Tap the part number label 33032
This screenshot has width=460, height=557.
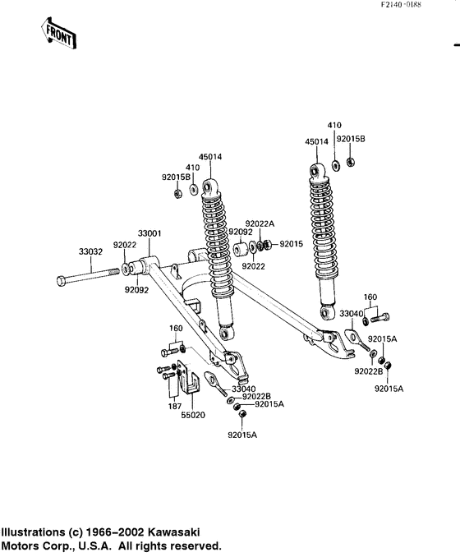click(90, 251)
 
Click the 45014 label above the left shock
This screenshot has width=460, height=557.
click(210, 157)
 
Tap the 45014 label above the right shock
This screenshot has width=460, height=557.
click(316, 141)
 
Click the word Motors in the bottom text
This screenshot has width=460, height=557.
click(24, 545)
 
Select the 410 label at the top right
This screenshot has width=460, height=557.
click(334, 125)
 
